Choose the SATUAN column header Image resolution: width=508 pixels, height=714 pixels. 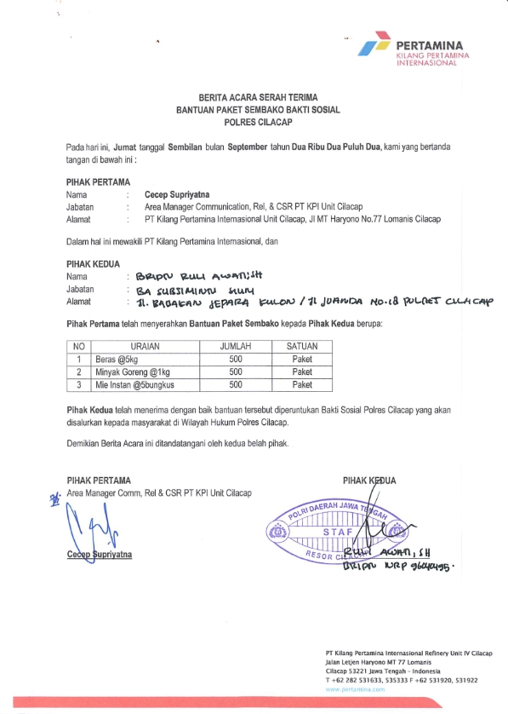point(302,347)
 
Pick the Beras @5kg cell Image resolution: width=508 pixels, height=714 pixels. point(117,360)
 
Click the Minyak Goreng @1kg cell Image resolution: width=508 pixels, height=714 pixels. point(134,372)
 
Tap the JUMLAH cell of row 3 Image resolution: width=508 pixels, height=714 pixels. point(236,385)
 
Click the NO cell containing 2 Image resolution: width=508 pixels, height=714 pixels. point(78,372)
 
